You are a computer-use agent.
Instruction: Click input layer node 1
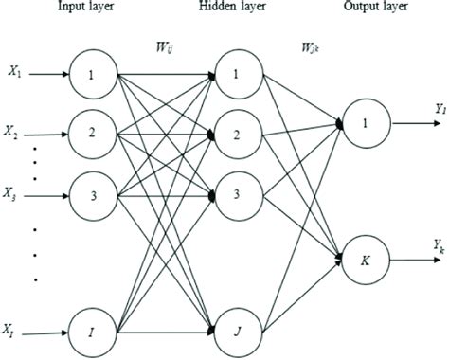point(93,74)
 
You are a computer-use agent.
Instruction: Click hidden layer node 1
point(238,73)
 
